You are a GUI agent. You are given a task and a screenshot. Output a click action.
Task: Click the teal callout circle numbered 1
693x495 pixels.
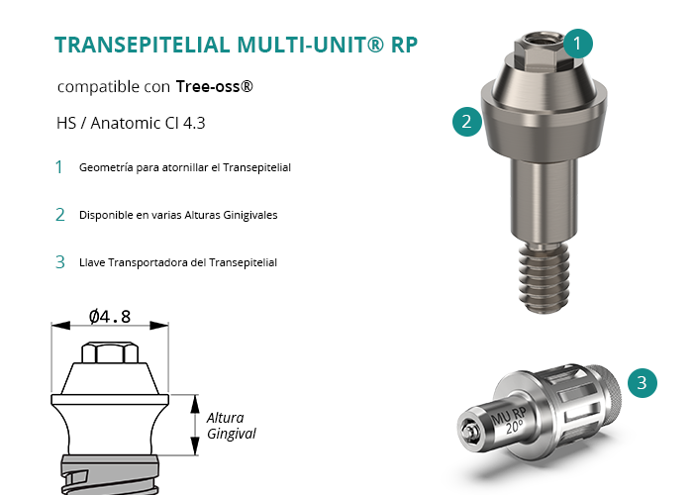click(577, 44)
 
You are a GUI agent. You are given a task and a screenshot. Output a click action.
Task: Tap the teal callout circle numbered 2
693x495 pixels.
click(467, 122)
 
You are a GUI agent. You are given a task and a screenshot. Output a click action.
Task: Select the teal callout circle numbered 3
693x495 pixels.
click(643, 383)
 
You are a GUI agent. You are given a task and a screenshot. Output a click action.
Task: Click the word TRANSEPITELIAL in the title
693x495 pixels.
click(142, 45)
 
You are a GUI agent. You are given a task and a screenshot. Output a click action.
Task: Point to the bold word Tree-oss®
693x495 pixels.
click(215, 86)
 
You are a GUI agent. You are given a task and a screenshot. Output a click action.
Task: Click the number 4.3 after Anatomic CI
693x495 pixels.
click(194, 123)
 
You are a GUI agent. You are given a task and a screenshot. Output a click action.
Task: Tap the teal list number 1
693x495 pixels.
click(58, 167)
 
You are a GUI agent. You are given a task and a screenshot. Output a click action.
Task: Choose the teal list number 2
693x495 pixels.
click(60, 215)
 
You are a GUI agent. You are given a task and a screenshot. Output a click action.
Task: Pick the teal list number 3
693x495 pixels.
click(60, 262)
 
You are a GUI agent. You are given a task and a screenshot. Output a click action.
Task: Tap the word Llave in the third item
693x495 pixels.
click(92, 262)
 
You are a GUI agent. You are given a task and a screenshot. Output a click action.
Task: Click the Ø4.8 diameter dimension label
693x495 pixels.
click(110, 317)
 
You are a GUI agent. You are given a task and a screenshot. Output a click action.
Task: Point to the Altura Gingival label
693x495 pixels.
click(231, 426)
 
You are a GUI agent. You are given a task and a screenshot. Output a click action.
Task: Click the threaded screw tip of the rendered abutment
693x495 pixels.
click(544, 277)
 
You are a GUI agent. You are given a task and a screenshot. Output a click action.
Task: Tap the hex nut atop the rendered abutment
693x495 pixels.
click(541, 50)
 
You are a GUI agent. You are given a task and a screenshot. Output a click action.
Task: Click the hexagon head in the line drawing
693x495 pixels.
click(110, 352)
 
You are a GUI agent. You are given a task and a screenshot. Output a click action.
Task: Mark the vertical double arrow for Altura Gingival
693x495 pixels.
click(195, 425)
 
